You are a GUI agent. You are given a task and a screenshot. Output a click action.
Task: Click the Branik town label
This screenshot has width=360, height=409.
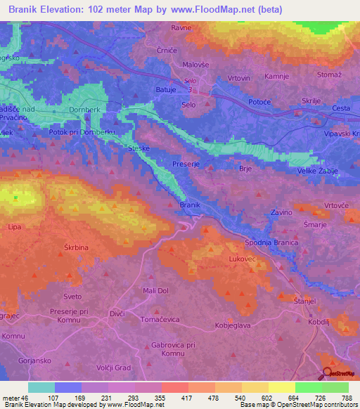[x=191, y=204]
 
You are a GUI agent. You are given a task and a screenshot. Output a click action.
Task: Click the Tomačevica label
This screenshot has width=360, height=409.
[x=160, y=319]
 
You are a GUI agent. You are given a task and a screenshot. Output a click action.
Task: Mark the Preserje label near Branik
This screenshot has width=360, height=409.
[x=186, y=163]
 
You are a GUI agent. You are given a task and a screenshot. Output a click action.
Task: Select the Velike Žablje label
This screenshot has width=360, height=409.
[x=319, y=171]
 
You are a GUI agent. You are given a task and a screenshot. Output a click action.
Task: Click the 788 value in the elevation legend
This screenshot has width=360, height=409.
[x=346, y=398]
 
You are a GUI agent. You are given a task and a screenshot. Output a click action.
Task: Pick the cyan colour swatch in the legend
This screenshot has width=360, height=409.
[x=41, y=387]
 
